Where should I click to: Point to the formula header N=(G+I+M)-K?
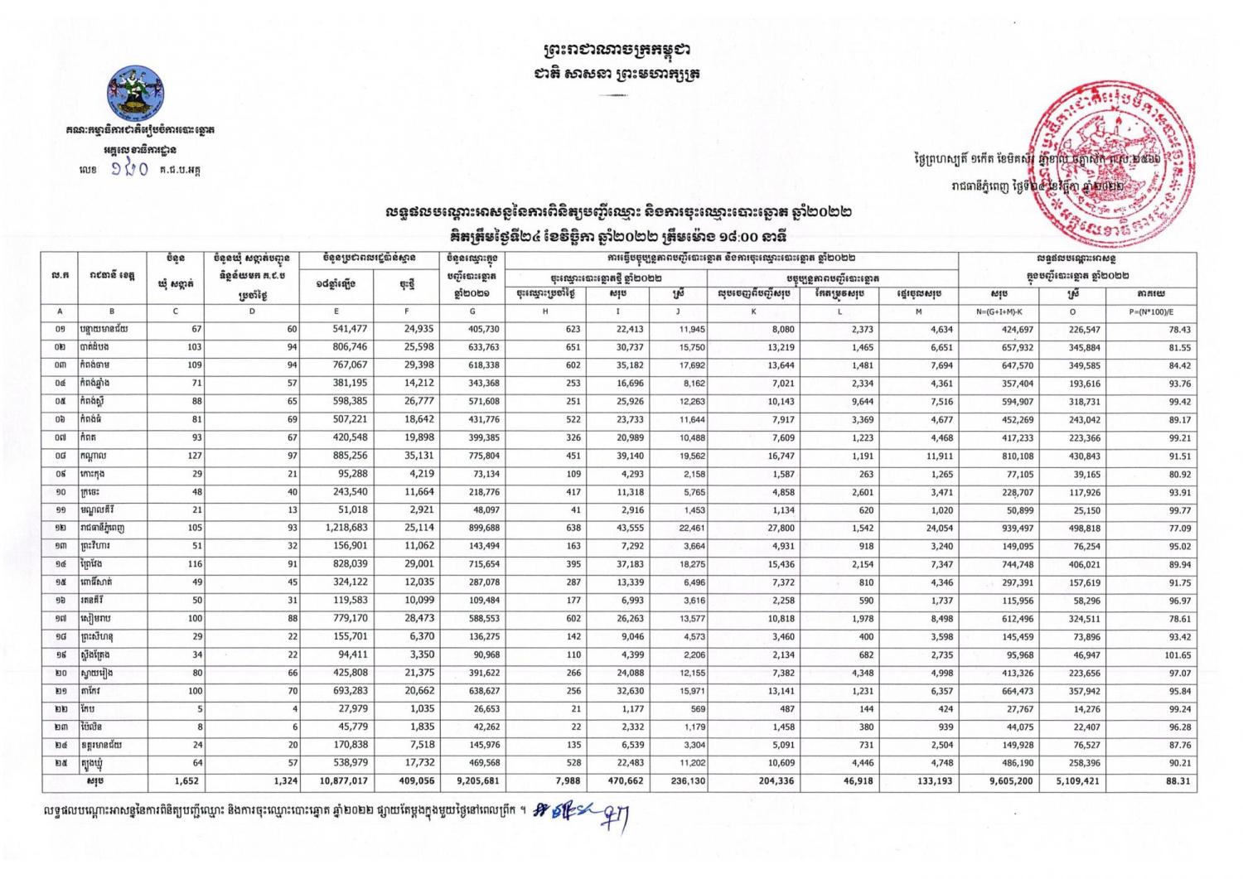coord(999,312)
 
